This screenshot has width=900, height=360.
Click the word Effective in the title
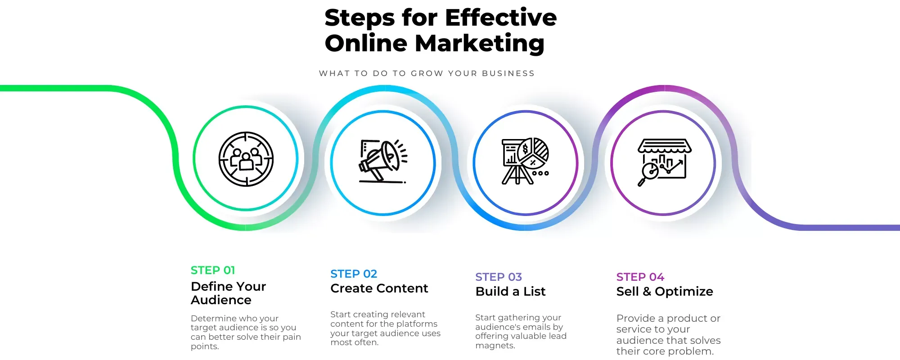tap(501, 18)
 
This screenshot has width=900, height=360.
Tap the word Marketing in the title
tap(480, 44)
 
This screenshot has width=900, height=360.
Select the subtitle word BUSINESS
tap(508, 73)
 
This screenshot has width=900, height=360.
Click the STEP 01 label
tap(213, 270)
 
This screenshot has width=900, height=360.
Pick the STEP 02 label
tap(354, 274)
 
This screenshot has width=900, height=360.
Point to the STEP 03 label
tap(499, 277)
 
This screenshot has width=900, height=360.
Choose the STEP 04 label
tap(640, 277)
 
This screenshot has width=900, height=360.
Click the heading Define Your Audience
tap(228, 293)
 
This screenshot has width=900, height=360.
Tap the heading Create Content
tap(379, 288)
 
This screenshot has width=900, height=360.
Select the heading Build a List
tap(510, 292)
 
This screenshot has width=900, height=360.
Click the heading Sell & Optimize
tap(665, 292)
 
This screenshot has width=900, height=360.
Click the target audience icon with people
tap(246, 159)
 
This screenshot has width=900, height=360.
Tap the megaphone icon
tap(383, 161)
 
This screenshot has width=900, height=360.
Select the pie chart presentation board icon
tap(525, 161)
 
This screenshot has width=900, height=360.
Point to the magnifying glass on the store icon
tap(648, 174)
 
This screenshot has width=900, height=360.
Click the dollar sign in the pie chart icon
tap(525, 149)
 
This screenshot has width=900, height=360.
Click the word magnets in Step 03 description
tap(495, 346)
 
